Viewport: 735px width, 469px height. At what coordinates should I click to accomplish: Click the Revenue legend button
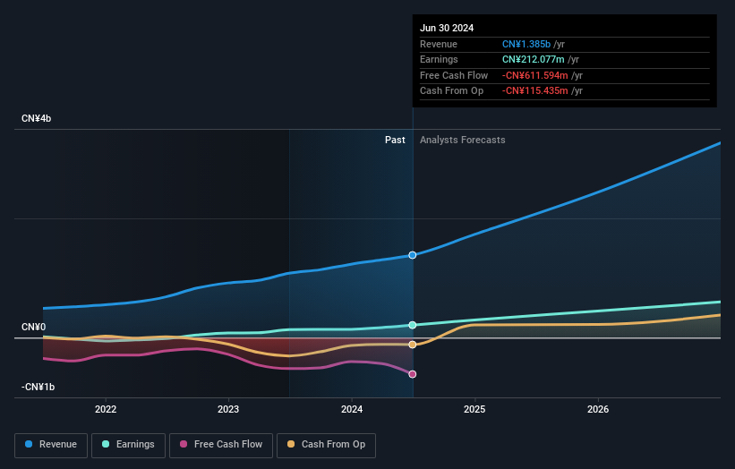(51, 445)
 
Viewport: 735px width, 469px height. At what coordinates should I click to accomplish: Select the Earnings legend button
(127, 445)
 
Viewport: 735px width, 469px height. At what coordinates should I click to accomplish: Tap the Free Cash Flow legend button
(219, 445)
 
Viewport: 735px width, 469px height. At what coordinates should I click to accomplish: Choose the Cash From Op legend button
(326, 445)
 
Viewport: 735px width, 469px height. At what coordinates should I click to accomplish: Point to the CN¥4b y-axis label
(37, 119)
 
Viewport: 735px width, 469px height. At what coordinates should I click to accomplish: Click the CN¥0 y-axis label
(33, 328)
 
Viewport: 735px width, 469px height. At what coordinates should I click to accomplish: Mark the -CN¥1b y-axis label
(38, 387)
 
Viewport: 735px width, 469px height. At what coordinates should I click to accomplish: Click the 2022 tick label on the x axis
(106, 409)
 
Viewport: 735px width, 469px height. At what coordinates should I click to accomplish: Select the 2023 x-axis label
(228, 409)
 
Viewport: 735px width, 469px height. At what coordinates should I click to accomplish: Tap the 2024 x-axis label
(352, 409)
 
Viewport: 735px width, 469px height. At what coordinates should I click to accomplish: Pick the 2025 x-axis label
(474, 409)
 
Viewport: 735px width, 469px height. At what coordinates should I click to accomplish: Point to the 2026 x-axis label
(598, 409)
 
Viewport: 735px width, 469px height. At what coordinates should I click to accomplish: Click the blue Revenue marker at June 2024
(413, 255)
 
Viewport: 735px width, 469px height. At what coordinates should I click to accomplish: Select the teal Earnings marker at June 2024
(413, 325)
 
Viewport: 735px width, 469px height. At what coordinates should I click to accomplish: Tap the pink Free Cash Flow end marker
(413, 374)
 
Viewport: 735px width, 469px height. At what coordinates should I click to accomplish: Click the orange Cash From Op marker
(413, 345)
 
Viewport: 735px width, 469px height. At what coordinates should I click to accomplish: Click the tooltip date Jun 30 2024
(448, 28)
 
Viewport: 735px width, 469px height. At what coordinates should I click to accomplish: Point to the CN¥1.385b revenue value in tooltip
(528, 45)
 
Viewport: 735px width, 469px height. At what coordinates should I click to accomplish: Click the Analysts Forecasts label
(462, 141)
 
